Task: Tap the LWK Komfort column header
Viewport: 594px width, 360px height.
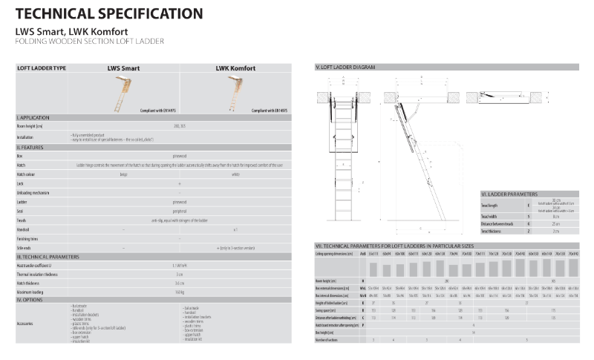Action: point(235,68)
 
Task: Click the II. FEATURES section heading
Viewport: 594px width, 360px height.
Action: point(31,148)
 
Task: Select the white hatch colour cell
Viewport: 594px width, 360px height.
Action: point(235,174)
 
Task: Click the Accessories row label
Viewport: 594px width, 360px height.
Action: point(27,324)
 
